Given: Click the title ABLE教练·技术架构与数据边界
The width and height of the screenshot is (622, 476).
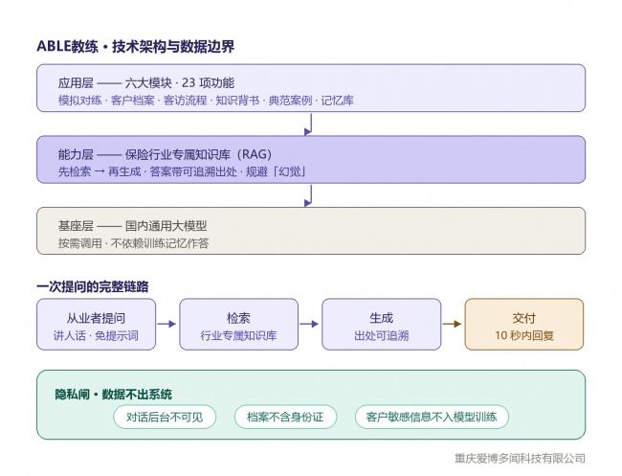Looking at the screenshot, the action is coord(135,46).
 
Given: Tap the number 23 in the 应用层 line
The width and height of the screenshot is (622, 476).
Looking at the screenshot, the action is coord(189,83).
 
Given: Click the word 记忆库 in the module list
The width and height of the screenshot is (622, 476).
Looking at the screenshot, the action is coord(337,101).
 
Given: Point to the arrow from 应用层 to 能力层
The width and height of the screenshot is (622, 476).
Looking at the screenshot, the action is coord(309,124).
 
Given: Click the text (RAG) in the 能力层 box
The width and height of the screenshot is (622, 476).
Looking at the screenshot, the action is coord(256,154).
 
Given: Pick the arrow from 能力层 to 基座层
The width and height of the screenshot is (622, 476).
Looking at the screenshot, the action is coord(309,195).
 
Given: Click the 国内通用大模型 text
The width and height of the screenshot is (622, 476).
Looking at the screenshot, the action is coord(167,226).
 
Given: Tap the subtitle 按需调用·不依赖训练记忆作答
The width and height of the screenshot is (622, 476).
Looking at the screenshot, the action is coord(133,243).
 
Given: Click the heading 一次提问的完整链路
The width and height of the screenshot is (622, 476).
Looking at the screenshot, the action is coord(93,286).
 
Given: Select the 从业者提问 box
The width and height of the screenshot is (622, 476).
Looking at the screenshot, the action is coord(96,325).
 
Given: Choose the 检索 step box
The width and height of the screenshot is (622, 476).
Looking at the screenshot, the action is coord(238,325).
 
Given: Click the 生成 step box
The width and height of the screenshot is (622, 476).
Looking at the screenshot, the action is coord(381,325).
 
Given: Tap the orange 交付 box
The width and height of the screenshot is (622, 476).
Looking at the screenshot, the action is coord(524,325).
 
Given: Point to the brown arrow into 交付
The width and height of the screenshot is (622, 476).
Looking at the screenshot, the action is coord(452,324).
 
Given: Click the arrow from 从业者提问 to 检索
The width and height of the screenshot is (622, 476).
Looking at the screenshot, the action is coord(167,324).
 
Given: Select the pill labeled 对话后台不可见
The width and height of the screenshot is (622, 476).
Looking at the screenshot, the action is coord(165,417).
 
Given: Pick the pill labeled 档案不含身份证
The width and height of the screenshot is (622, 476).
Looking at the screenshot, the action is coord(285,417).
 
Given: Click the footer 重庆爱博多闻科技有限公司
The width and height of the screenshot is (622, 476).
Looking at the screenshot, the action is coord(520,459).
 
